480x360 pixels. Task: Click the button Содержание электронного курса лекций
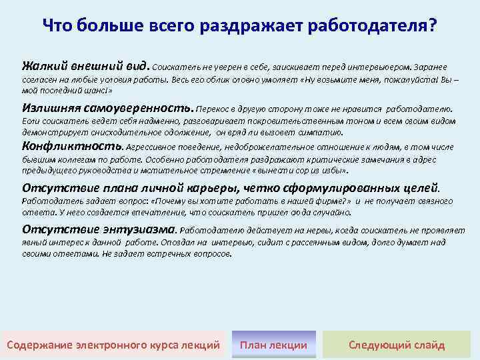[113, 345]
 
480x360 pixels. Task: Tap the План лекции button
[273, 345]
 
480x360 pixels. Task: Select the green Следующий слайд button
[397, 345]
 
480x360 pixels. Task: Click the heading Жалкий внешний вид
[86, 67]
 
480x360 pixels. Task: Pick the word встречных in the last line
[156, 254]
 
